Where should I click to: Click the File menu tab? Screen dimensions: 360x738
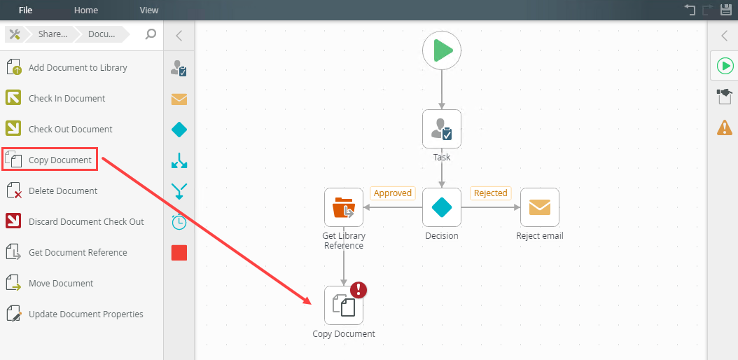25,10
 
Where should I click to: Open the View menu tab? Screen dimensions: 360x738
149,10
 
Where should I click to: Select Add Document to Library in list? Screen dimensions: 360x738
78,68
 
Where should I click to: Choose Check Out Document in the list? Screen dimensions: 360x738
70,130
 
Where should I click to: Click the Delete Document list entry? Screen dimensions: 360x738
63,191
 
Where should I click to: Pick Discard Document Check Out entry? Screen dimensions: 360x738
86,222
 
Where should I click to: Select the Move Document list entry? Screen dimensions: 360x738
61,284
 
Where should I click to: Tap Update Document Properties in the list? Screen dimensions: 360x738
85,314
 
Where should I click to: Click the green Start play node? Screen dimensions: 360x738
442,50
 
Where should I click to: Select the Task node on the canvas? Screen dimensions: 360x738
442,129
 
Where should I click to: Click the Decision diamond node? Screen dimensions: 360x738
442,207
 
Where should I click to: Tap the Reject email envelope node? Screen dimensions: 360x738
539,207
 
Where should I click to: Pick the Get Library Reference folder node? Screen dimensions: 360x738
344,207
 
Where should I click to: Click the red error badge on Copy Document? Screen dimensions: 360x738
358,290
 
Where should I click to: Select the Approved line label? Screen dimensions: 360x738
392,193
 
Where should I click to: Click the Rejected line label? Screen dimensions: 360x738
490,193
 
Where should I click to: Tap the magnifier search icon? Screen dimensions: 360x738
151,34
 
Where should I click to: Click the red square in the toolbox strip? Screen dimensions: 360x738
179,253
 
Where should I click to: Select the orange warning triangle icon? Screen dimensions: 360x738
725,127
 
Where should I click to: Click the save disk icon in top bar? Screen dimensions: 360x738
725,10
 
